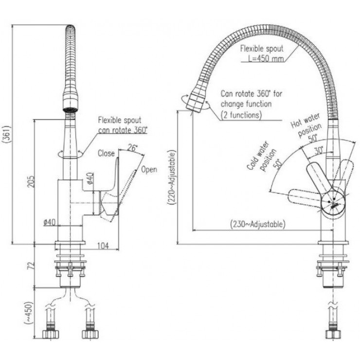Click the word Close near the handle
coord(106,153)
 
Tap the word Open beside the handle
coord(149,170)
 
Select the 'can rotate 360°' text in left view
coord(123,129)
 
